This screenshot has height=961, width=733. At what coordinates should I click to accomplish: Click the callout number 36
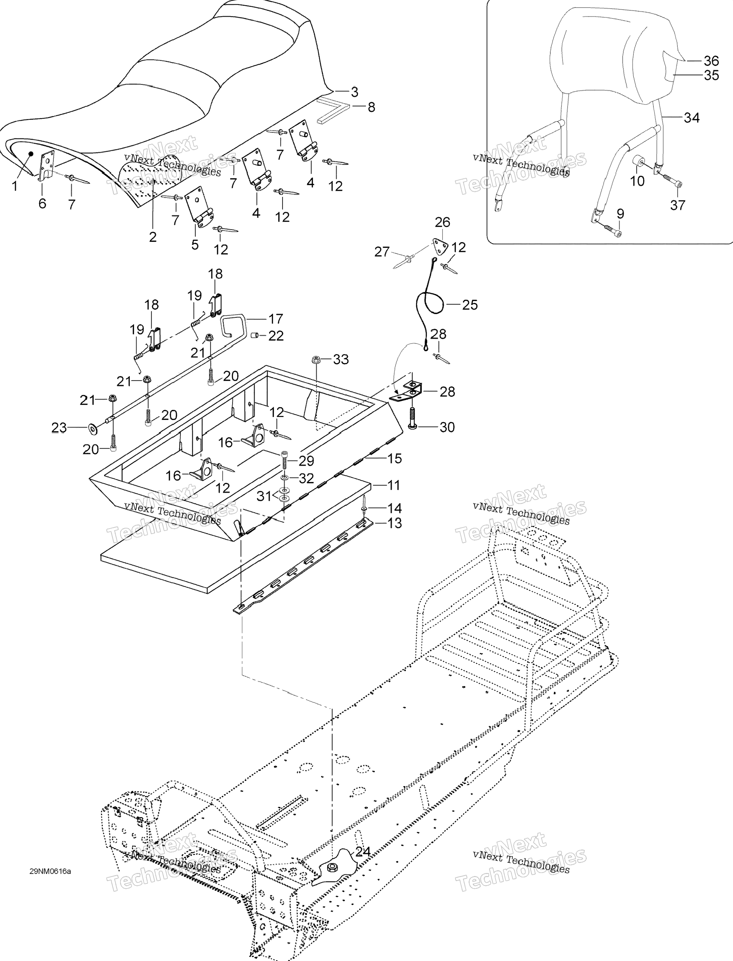[x=711, y=61]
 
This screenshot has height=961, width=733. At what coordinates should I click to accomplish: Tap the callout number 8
[x=371, y=107]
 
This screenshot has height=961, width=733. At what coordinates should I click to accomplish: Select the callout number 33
[x=341, y=359]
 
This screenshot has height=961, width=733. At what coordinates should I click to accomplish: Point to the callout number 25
[x=470, y=305]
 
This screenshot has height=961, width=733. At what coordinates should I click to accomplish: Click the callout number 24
[x=363, y=852]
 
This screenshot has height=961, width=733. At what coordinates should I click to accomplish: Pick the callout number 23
[x=59, y=428]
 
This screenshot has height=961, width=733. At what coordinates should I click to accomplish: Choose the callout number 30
[x=447, y=427]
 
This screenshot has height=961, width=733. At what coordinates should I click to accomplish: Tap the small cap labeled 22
[x=255, y=335]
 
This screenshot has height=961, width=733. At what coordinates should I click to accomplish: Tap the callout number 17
[x=276, y=319]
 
